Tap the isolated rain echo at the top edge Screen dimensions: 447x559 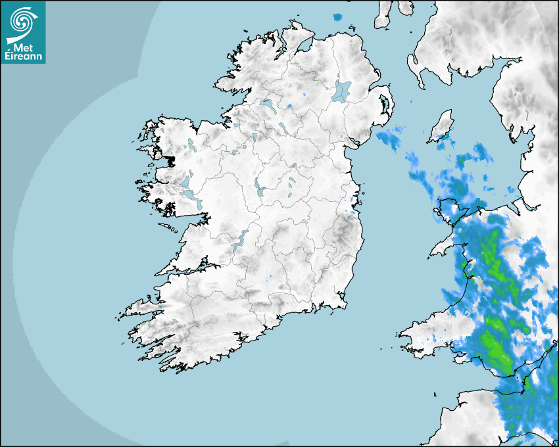coord(339,16)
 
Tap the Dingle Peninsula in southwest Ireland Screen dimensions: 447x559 coord(141,306)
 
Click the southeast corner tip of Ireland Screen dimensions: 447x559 coord(344,305)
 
